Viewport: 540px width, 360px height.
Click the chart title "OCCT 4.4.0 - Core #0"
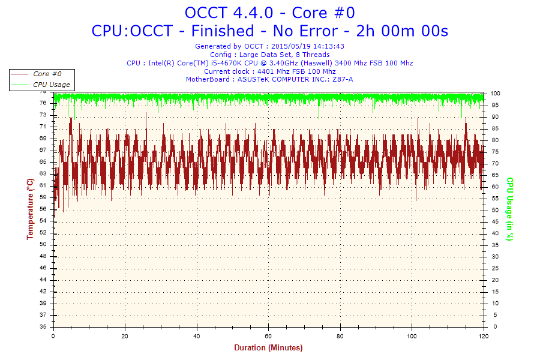[269, 13]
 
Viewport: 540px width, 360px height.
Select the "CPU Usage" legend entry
[51, 85]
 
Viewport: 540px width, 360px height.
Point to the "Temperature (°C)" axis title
[30, 209]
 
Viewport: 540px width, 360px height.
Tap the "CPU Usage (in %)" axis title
[510, 209]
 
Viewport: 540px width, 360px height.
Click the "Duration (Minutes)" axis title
[268, 347]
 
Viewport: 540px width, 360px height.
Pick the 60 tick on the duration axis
[269, 336]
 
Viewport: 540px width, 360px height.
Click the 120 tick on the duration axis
[483, 336]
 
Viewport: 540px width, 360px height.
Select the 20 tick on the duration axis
[125, 336]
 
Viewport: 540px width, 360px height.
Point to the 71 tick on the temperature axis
[43, 127]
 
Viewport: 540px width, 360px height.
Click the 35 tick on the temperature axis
[43, 327]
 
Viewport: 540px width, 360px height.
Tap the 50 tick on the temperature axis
[43, 245]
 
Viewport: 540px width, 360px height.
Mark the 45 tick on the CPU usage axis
[494, 222]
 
